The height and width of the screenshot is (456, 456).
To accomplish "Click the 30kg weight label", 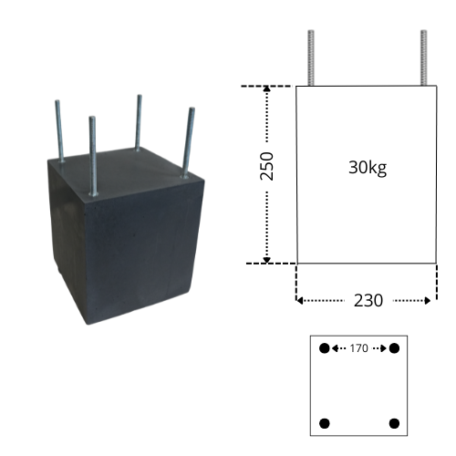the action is (x=368, y=168).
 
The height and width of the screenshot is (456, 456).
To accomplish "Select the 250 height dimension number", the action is (x=267, y=166).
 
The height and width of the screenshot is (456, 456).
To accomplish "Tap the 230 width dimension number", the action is (x=368, y=301).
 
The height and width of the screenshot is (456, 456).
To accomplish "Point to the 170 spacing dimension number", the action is (x=358, y=348).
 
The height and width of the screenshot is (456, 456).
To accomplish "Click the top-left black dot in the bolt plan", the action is (x=325, y=348).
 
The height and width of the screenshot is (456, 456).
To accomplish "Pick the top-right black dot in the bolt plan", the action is (x=394, y=348).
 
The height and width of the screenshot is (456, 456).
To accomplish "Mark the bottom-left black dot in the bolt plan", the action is (x=325, y=423).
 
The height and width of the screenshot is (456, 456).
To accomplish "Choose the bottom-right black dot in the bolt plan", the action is (x=394, y=423).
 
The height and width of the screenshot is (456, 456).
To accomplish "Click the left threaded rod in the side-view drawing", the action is (x=311, y=57).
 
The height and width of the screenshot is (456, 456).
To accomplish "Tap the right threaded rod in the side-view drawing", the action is (x=424, y=57).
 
